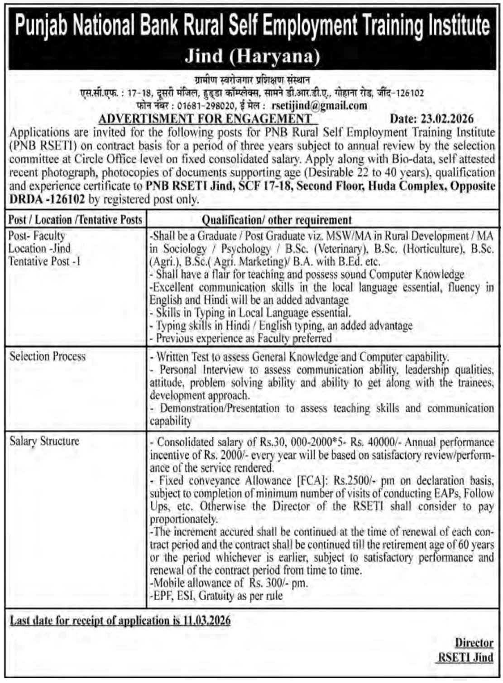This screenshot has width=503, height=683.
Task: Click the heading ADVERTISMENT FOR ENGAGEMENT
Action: [x=205, y=119]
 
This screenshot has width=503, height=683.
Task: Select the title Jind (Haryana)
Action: [x=252, y=56]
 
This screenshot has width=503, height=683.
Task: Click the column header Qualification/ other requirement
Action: [x=276, y=220]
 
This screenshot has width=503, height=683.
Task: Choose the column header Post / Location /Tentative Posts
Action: [x=76, y=220]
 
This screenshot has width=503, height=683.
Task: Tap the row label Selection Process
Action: [x=48, y=356]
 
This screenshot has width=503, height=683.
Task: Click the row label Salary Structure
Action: [x=44, y=441]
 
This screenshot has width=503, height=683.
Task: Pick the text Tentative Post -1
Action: [x=44, y=261]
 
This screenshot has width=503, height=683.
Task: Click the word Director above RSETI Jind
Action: [x=474, y=643]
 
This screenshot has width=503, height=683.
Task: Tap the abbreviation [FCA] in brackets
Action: [x=312, y=481]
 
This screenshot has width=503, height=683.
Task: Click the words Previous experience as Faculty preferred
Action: [x=244, y=338]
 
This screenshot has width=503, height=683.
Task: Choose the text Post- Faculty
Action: [x=37, y=236]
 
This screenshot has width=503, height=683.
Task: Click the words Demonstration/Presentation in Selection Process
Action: [x=220, y=408]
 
